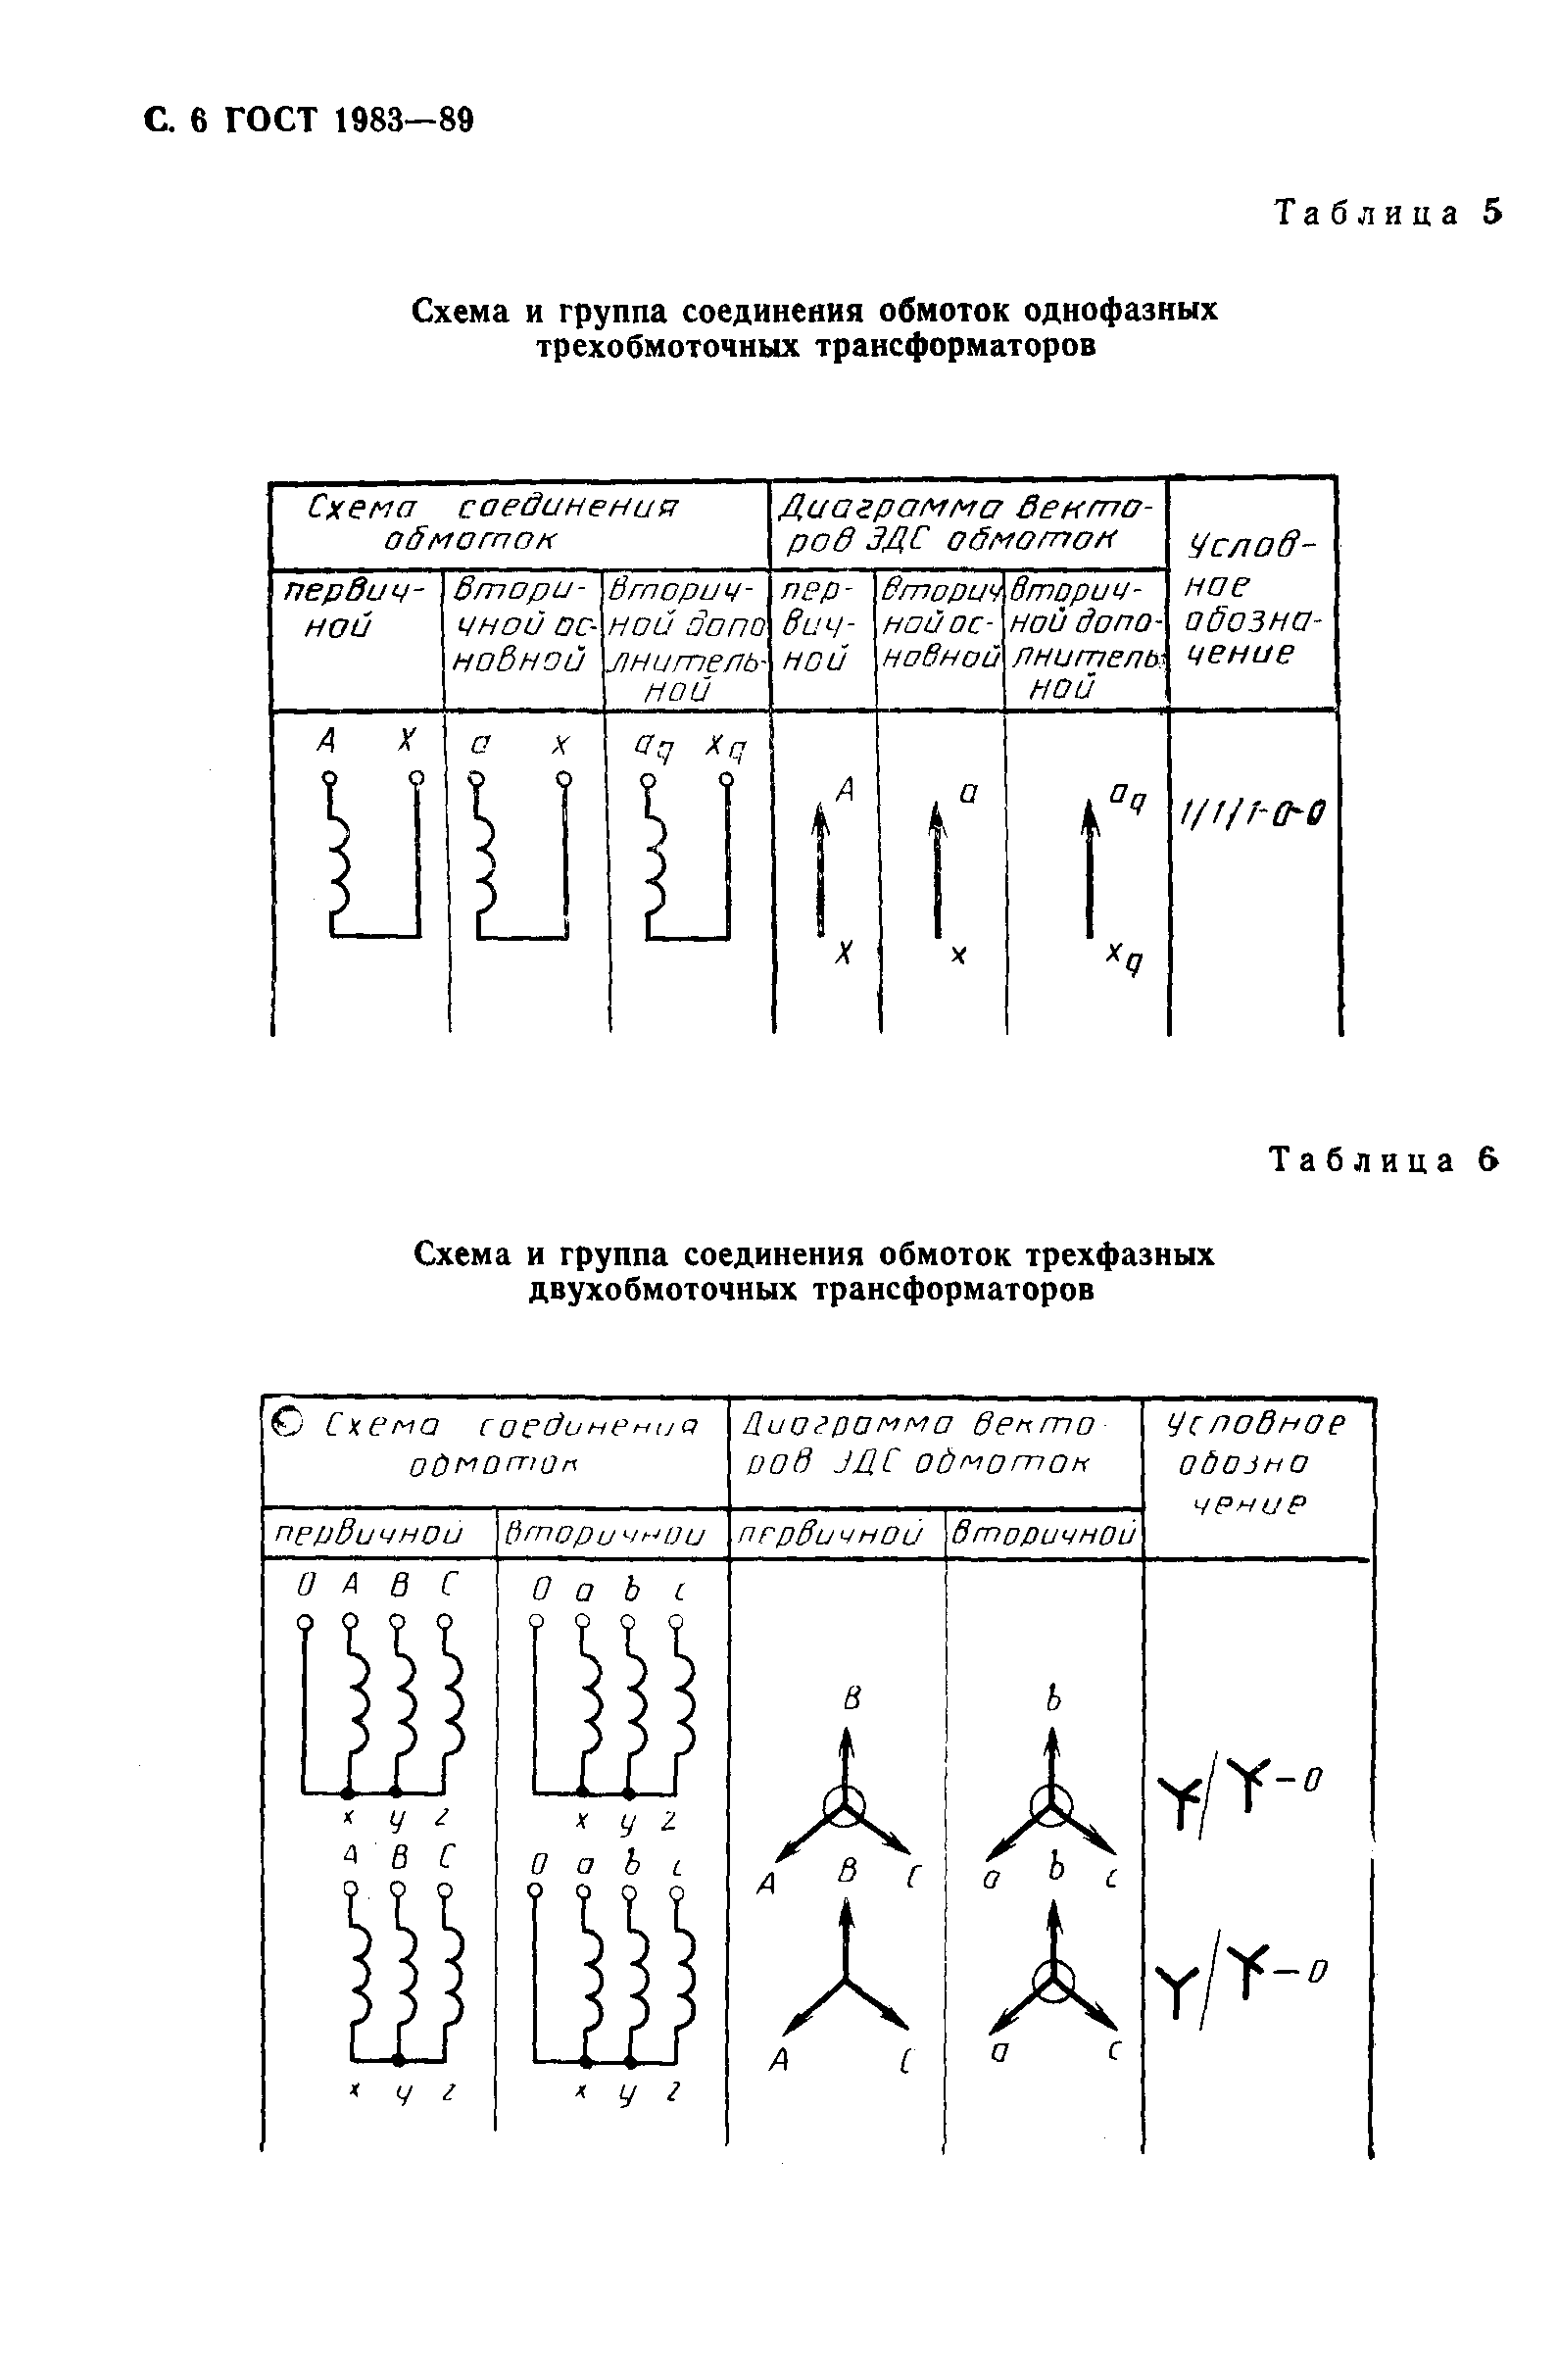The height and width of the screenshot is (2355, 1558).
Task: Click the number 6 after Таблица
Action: [x=1487, y=1159]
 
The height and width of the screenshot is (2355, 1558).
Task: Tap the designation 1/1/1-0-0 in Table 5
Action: [x=1250, y=816]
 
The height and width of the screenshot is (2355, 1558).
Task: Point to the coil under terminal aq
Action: [x=656, y=855]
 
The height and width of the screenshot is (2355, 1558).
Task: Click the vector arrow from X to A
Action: [x=820, y=869]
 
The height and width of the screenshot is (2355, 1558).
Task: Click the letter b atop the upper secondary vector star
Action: [x=1053, y=1699]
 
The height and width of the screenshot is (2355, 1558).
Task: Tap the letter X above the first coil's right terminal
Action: [x=405, y=740]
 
